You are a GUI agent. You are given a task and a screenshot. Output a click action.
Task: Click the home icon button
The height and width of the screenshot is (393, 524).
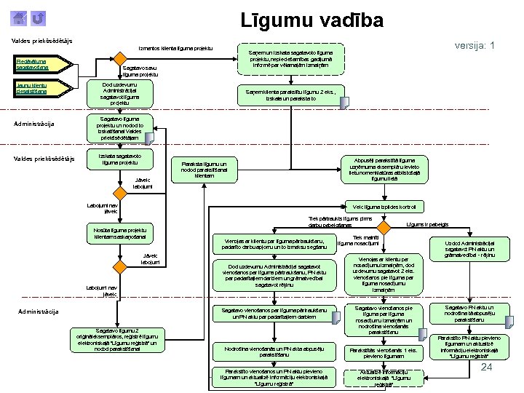(x=21, y=17)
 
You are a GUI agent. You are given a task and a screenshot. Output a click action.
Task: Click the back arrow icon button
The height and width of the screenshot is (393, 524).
(x=39, y=17)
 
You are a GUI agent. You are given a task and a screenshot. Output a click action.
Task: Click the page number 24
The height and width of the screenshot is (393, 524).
(x=488, y=368)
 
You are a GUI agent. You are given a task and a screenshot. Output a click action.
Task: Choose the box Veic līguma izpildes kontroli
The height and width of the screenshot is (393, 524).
(x=375, y=206)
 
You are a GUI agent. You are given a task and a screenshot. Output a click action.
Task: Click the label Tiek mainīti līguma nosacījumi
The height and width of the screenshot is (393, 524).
(x=360, y=240)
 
